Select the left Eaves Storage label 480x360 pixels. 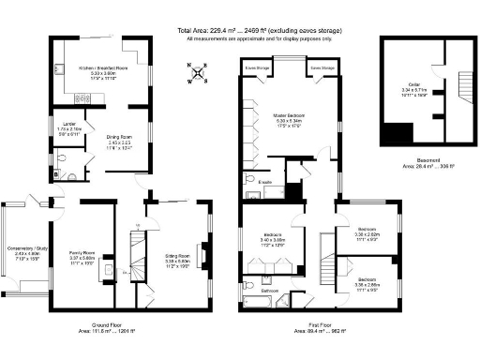[258, 68]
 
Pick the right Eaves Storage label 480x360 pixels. [322, 68]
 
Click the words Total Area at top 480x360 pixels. [196, 30]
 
